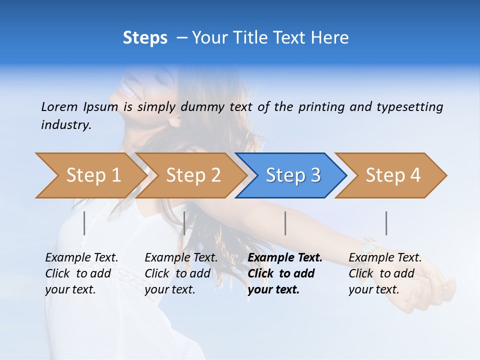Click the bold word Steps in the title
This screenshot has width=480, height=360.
tap(145, 38)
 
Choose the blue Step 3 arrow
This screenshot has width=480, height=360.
tap(292, 175)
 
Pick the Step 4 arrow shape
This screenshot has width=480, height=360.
tap(392, 175)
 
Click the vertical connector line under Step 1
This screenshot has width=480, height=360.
tap(84, 223)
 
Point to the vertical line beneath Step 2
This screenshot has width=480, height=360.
tap(184, 223)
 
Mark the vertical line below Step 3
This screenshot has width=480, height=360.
tap(285, 223)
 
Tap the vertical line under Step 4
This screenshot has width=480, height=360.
tap(386, 223)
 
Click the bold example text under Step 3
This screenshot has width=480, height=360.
tap(283, 273)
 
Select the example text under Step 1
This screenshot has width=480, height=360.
tap(81, 273)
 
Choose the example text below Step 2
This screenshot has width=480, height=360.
tap(180, 273)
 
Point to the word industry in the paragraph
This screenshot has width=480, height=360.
tap(66, 125)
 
